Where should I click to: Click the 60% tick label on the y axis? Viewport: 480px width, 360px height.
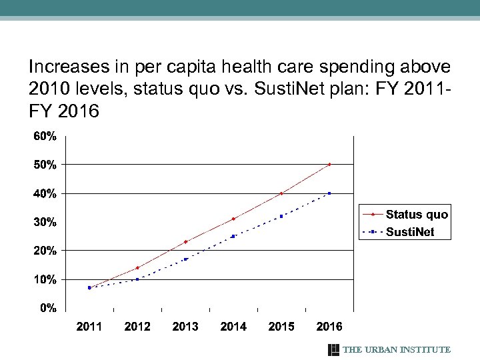pyautogui.click(x=45, y=136)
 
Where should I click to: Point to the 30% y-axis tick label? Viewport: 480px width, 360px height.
pyautogui.click(x=45, y=222)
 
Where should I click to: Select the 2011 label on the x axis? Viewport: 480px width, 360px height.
pyautogui.click(x=89, y=327)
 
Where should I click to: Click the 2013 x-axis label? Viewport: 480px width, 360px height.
pyautogui.click(x=185, y=327)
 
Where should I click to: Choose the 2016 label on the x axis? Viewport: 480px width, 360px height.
pyautogui.click(x=329, y=327)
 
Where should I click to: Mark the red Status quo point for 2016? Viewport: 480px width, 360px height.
pyautogui.click(x=329, y=164)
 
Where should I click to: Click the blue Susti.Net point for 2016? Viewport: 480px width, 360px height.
pyautogui.click(x=329, y=193)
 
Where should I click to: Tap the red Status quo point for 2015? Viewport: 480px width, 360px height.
pyautogui.click(x=281, y=193)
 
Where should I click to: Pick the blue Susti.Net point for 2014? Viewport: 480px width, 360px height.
pyautogui.click(x=233, y=236)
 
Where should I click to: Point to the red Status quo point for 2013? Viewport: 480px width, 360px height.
pyautogui.click(x=185, y=241)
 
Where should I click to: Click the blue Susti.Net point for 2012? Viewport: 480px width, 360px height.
pyautogui.click(x=137, y=279)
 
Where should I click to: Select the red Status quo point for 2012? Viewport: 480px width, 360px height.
pyautogui.click(x=137, y=268)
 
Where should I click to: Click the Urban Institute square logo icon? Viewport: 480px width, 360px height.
pyautogui.click(x=334, y=350)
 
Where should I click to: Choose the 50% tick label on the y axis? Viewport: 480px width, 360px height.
pyautogui.click(x=45, y=165)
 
